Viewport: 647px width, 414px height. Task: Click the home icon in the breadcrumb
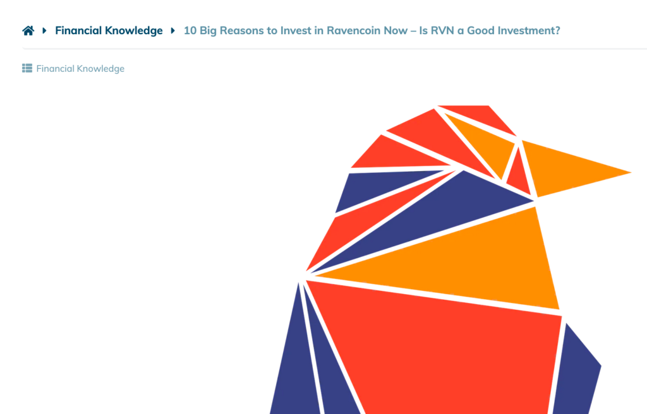pyautogui.click(x=28, y=30)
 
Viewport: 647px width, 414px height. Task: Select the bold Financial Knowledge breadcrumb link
pyautogui.click(x=109, y=30)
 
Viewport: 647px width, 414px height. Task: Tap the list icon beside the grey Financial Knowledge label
pyautogui.click(x=27, y=68)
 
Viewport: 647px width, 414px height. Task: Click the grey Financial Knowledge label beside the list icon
pyautogui.click(x=80, y=68)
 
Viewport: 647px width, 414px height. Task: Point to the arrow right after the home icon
pyautogui.click(x=45, y=30)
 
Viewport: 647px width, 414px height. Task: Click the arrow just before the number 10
pyautogui.click(x=173, y=30)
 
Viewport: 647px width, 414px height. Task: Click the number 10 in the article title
pyautogui.click(x=190, y=30)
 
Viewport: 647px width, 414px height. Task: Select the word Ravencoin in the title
pyautogui.click(x=353, y=30)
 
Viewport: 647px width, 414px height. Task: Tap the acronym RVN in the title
pyautogui.click(x=442, y=30)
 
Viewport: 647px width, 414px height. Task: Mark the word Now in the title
pyautogui.click(x=396, y=30)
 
